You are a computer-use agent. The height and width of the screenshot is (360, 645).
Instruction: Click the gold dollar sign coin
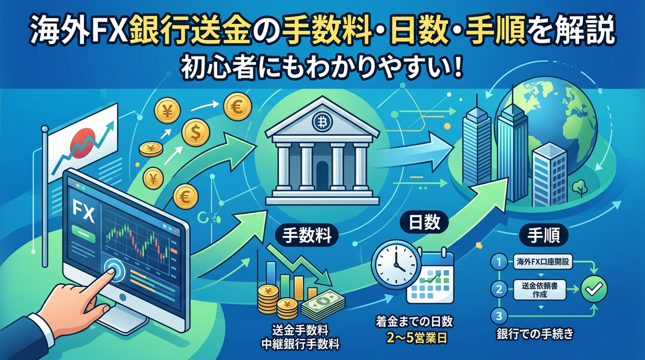coord(196,133)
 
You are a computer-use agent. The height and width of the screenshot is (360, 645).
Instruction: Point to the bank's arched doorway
coord(322,176)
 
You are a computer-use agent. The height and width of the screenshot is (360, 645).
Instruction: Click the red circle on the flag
coord(82,143)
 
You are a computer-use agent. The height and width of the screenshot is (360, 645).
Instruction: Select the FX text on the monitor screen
coord(83,213)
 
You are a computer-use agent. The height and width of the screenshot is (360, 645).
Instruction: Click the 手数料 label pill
coord(306,236)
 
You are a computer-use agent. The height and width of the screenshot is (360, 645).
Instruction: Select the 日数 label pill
coord(425,222)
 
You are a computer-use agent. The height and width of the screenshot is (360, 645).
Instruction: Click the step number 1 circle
coord(499,262)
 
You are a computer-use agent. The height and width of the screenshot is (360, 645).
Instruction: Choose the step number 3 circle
coord(499,316)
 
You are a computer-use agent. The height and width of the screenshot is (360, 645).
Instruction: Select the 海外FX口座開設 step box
coord(543,262)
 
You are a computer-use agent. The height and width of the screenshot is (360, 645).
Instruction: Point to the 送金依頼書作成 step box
coord(540,290)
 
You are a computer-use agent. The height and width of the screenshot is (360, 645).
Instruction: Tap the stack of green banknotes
coord(323,305)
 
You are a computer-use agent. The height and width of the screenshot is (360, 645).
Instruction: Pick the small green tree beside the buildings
coord(579,187)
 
